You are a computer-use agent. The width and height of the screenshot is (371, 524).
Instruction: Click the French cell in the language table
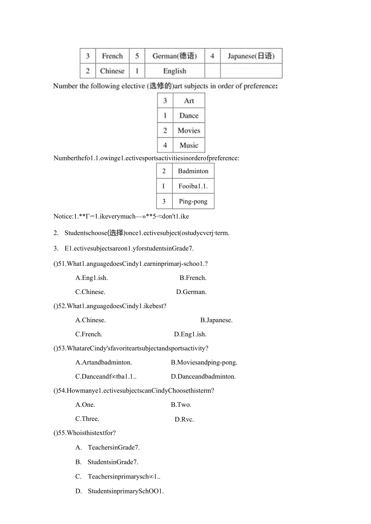point(112,56)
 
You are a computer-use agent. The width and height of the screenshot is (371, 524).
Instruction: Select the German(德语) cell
point(175,56)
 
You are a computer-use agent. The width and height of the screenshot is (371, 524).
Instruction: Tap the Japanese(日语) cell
point(251,56)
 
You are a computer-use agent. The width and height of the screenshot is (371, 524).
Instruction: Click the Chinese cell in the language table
point(112,71)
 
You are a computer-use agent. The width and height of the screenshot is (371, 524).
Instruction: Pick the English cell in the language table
point(175,71)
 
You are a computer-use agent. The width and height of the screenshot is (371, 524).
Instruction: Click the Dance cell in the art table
point(189,116)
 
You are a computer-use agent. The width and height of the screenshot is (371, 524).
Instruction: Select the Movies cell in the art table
point(189,130)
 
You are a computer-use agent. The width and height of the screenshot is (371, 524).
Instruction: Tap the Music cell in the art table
point(189,145)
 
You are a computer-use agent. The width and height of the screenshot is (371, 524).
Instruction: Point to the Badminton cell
point(193,171)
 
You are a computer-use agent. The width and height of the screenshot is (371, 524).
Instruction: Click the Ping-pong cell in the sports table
point(193,201)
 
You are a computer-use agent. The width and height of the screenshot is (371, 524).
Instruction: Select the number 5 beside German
point(137,56)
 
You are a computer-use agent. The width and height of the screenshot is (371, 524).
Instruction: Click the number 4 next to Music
point(165,145)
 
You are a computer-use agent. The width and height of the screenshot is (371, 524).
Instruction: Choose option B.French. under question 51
point(193,278)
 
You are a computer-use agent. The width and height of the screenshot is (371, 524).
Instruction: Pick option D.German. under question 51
point(191,292)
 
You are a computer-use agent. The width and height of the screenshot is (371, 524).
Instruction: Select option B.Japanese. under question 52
point(216,320)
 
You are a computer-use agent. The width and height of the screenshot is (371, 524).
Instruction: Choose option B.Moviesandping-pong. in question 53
point(204,362)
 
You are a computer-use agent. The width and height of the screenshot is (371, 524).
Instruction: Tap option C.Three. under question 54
point(87,419)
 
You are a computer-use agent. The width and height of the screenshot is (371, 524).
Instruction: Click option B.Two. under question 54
point(181,405)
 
